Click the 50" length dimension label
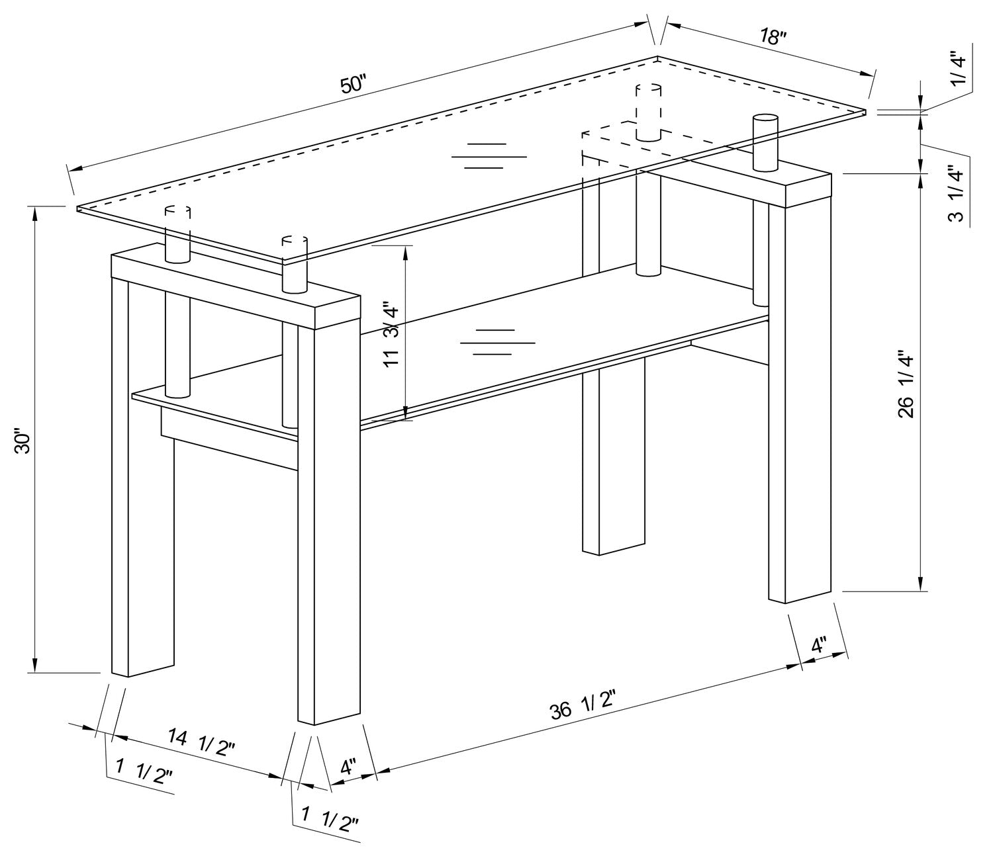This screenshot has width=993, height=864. [x=352, y=85]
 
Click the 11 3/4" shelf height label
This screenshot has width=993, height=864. [x=391, y=335]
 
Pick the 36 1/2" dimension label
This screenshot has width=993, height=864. [x=583, y=706]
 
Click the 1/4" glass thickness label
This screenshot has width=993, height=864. [x=959, y=68]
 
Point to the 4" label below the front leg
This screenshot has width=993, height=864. [x=348, y=767]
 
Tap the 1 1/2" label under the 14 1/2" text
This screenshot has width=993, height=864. [x=144, y=771]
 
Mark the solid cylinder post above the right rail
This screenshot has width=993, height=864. [x=765, y=142]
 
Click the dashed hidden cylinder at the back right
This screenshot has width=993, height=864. [x=648, y=112]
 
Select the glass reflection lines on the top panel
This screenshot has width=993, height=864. [x=489, y=156]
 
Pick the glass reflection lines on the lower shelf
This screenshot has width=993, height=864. [x=497, y=342]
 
